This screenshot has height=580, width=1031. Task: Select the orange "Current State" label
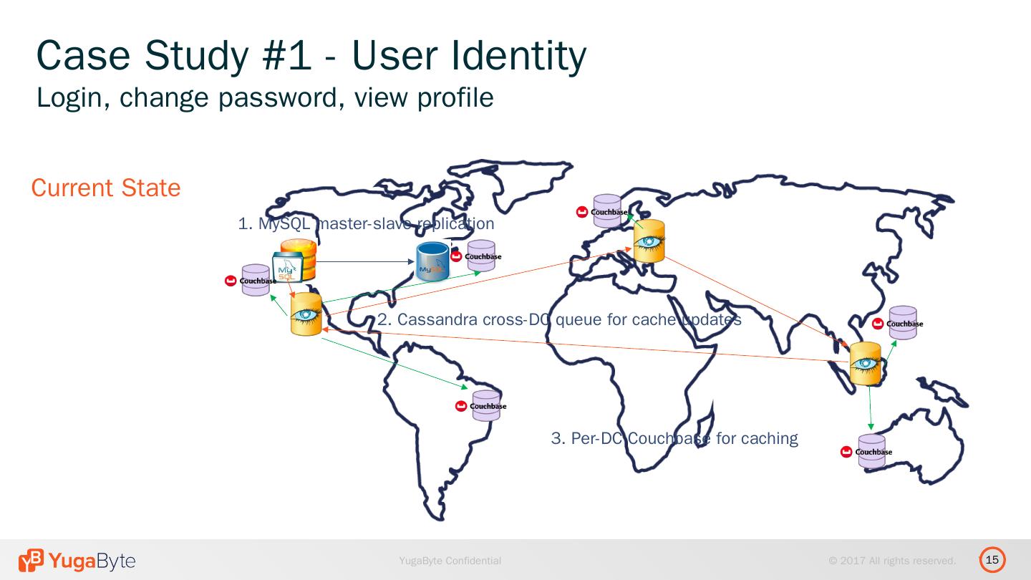point(106,188)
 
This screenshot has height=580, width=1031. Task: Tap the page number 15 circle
point(992,560)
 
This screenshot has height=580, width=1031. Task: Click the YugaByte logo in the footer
point(77,561)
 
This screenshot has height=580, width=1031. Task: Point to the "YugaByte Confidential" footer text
point(450,561)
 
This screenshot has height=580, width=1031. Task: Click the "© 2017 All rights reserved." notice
point(892,561)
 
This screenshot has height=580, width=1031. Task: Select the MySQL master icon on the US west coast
point(295,262)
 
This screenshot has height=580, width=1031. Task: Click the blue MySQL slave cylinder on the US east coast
point(432,261)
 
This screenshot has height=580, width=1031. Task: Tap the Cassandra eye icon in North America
point(306,314)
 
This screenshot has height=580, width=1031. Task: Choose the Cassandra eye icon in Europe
point(649,241)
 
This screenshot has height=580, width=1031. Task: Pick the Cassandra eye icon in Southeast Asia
point(865,364)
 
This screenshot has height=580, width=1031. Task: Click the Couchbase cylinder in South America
point(486,405)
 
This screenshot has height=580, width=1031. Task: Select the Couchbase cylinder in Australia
point(871,451)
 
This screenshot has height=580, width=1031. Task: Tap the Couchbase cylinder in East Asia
point(903,323)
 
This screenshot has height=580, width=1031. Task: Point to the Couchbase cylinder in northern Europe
point(606,211)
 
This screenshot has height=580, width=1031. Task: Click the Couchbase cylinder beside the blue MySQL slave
point(481,256)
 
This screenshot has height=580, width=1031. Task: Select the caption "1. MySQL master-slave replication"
point(366,224)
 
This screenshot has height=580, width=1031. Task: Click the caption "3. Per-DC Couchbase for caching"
point(674,438)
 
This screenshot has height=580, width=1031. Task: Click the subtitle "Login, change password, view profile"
point(265,97)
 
